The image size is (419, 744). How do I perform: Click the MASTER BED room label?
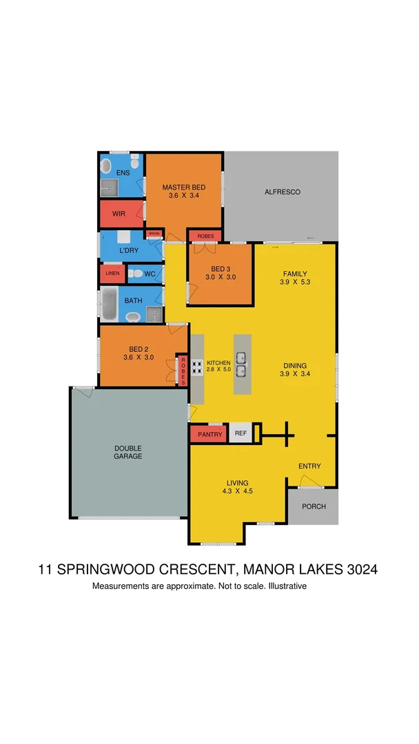tap(183, 187)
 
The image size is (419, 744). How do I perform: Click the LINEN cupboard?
tap(112, 274)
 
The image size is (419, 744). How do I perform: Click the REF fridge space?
tap(241, 433)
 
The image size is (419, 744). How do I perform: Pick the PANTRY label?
tap(209, 435)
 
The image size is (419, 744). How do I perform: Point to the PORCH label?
tap(314, 506)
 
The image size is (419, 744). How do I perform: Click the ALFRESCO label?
tap(283, 192)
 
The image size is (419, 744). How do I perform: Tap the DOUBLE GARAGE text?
tap(128, 452)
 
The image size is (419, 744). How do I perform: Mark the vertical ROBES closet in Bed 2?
tap(183, 371)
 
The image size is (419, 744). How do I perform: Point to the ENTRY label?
tap(309, 466)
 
